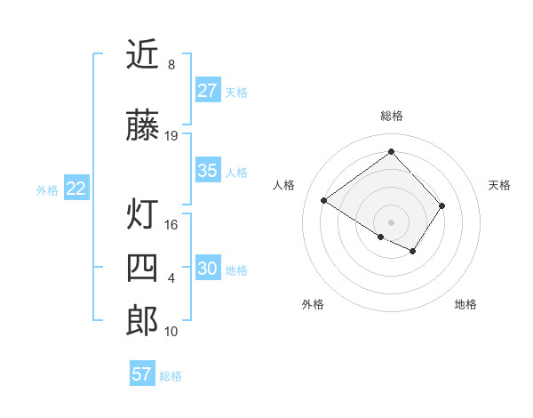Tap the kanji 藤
142,126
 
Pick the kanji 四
142,268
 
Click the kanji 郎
142,320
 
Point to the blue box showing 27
208,91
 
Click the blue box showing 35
208,171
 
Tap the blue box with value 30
208,269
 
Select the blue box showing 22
76,189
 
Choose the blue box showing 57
142,374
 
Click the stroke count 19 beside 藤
171,136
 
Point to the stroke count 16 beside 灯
171,225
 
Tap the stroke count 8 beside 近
171,65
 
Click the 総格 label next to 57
171,376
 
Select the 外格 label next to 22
47,189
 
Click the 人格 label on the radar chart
284,185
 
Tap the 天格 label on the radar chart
499,185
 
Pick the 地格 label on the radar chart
465,305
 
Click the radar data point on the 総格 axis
391,150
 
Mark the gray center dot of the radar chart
391,221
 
